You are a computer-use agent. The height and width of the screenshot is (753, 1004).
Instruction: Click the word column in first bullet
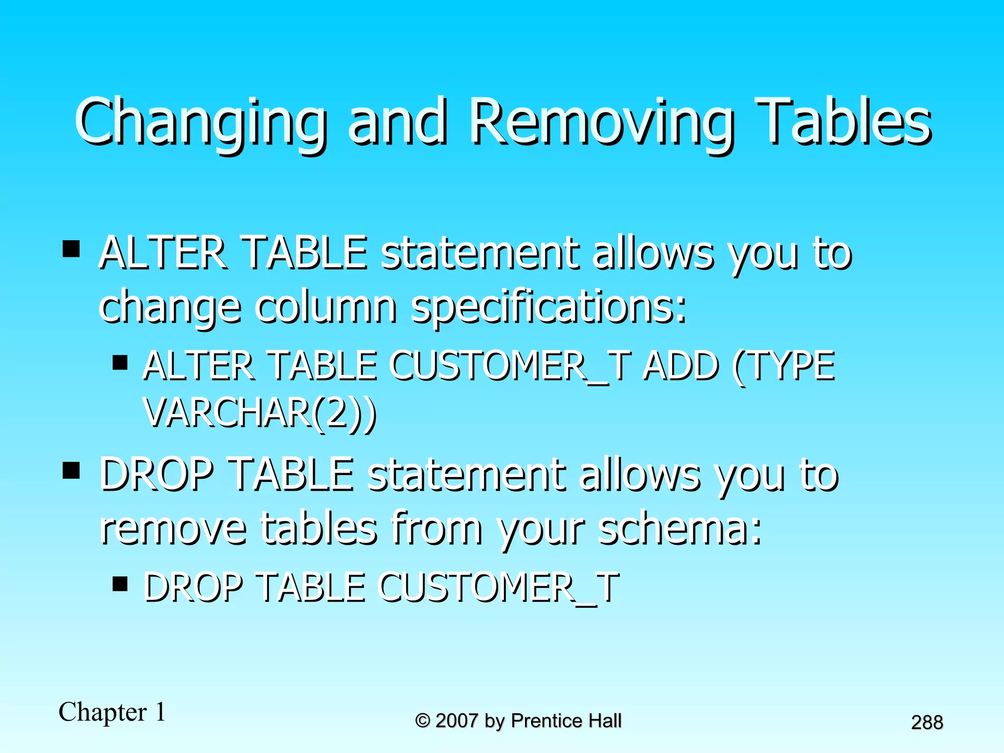[x=326, y=306]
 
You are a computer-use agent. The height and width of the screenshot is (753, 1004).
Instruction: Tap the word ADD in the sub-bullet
[x=680, y=366]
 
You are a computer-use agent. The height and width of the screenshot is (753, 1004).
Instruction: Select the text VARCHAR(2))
[x=260, y=413]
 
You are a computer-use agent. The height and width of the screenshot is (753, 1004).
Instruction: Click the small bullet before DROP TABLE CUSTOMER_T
[x=120, y=584]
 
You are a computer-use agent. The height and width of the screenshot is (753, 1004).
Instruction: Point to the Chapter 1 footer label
[x=112, y=712]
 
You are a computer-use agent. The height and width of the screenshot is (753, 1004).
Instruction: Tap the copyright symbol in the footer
[x=423, y=721]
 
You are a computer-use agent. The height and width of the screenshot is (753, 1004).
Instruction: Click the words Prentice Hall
[x=566, y=721]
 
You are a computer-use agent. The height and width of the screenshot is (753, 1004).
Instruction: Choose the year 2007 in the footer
[x=456, y=721]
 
